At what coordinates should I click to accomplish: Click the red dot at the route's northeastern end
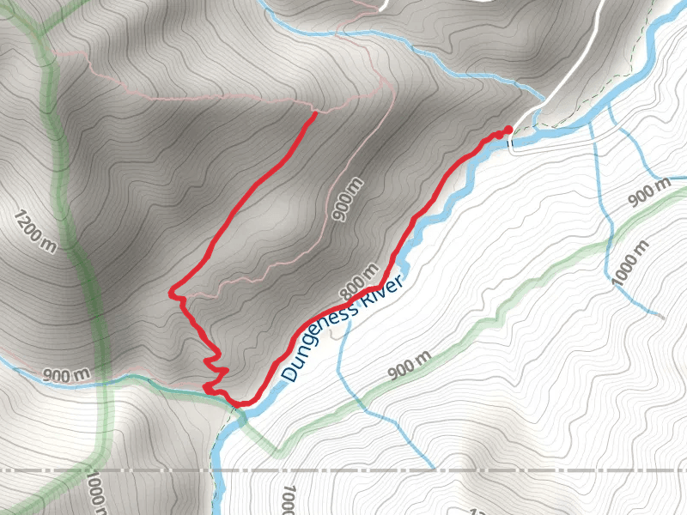point(508,130)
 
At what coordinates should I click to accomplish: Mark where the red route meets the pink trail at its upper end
point(315,112)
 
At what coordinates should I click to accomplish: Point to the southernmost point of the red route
point(243,403)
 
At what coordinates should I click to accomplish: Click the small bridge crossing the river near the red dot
point(513,145)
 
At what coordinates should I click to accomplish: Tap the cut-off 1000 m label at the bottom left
point(97,494)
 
